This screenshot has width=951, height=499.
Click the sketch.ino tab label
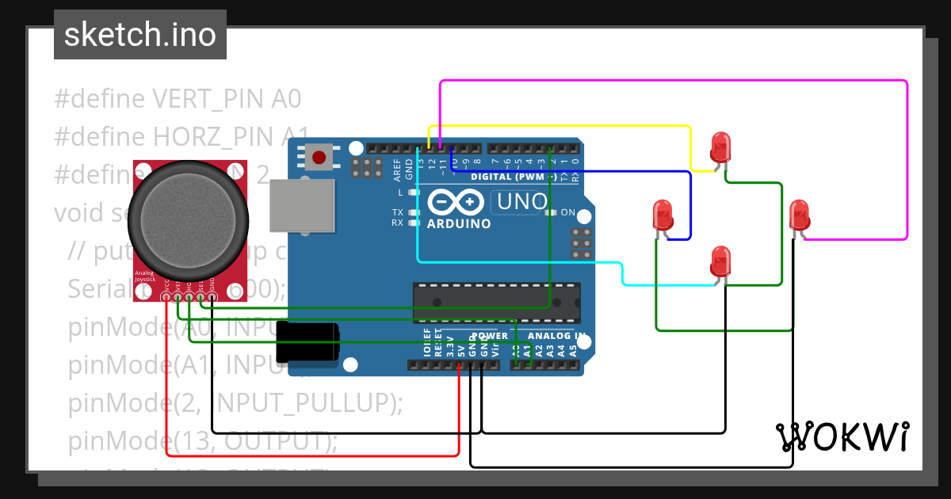[140, 35]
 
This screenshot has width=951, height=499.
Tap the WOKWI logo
[842, 436]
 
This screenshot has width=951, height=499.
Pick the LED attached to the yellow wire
[720, 147]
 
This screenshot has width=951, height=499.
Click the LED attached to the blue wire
[662, 215]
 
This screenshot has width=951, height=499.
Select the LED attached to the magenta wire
[800, 215]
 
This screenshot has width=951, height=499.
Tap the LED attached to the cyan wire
[720, 261]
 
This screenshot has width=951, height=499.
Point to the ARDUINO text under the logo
[459, 223]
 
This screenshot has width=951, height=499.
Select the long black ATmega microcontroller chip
[495, 303]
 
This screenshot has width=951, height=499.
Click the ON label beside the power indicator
[567, 213]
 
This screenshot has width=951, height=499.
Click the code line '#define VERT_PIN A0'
[178, 99]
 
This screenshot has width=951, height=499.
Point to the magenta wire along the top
[674, 81]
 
